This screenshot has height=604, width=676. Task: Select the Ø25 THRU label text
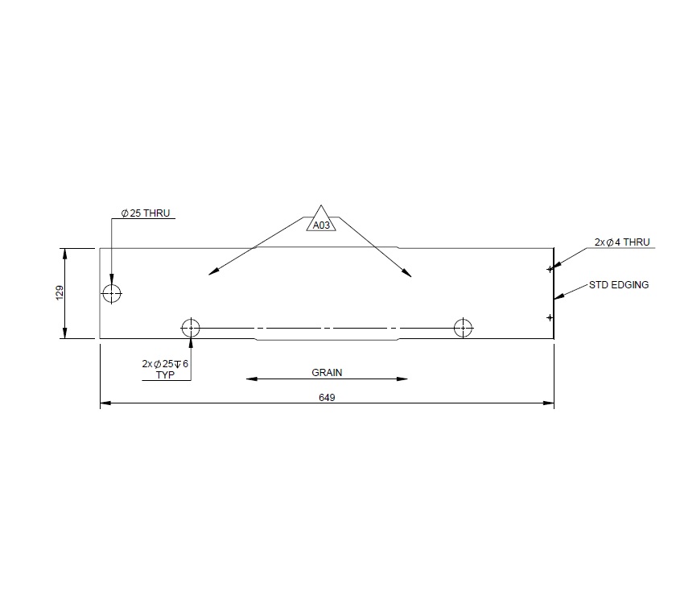146,213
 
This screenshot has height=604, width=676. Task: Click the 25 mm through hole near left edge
112,292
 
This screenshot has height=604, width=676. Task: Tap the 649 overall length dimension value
327,398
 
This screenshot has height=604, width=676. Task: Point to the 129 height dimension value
59,292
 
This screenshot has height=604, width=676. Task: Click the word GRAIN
327,373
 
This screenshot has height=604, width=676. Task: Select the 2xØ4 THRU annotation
621,242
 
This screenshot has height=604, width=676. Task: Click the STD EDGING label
619,285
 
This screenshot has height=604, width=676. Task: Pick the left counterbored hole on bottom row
191,328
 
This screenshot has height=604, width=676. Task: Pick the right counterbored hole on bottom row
463,328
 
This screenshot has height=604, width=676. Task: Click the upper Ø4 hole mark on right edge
550,268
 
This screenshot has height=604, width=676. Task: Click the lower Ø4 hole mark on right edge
550,317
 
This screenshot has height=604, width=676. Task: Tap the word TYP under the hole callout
164,374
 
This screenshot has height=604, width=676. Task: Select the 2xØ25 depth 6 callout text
164,364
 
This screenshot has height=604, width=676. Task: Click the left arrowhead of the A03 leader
212,273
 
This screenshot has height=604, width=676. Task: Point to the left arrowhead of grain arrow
250,379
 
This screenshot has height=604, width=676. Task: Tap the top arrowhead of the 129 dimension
65,252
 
